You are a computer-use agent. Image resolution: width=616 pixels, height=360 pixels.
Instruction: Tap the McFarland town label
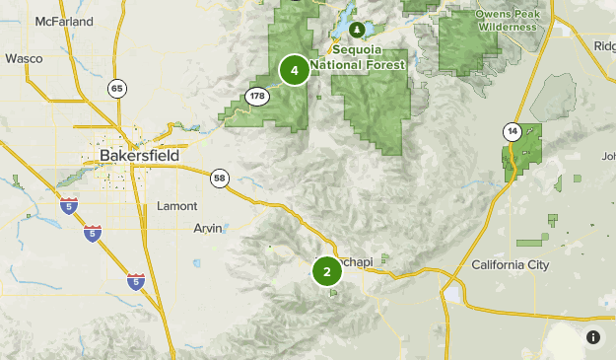pyautogui.click(x=63, y=21)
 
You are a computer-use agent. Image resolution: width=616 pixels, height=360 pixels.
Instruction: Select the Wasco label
pyautogui.click(x=24, y=58)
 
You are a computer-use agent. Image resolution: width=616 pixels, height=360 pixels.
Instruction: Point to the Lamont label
pyautogui.click(x=177, y=206)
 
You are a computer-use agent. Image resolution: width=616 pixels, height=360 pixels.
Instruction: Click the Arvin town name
pyautogui.click(x=207, y=229)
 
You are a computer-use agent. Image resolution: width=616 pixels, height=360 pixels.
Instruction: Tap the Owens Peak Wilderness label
pyautogui.click(x=508, y=21)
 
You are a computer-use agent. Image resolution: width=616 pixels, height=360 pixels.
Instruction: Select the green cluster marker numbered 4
pyautogui.click(x=294, y=70)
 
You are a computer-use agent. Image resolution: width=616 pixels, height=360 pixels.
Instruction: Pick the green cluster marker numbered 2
pyautogui.click(x=327, y=272)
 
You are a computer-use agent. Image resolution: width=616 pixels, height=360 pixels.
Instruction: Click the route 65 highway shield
pyautogui.click(x=117, y=89)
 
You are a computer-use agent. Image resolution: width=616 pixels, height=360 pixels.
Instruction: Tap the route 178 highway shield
pyautogui.click(x=257, y=96)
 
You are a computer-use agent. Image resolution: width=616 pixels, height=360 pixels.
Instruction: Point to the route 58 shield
pyautogui.click(x=220, y=178)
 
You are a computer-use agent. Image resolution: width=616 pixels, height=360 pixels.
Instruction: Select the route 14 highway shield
pyautogui.click(x=511, y=130)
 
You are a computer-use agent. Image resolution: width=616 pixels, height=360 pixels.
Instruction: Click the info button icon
pyautogui.click(x=593, y=337)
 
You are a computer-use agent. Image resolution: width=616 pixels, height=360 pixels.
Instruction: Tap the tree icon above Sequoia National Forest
pyautogui.click(x=358, y=31)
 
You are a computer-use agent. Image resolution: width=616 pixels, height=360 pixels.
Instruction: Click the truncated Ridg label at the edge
pyautogui.click(x=604, y=45)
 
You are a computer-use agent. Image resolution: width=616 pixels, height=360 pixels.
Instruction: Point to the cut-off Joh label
pyautogui.click(x=607, y=156)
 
